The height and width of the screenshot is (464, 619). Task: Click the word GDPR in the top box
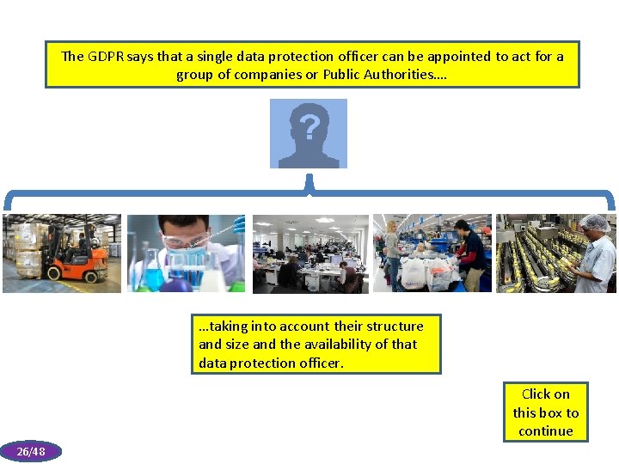click(106, 57)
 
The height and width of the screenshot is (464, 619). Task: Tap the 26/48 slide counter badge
click(31, 451)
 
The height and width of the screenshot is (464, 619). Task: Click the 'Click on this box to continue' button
click(546, 412)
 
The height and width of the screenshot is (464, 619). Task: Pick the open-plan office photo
click(310, 253)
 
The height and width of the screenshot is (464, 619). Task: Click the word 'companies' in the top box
click(242, 75)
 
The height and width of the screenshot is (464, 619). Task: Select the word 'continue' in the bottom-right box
click(546, 431)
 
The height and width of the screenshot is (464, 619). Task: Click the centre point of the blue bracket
click(309, 185)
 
